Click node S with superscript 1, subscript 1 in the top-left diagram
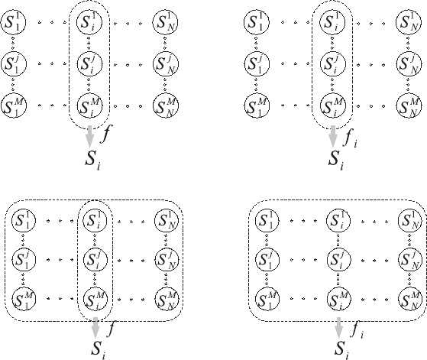tap(13, 21)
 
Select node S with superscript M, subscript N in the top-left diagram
tap(165, 105)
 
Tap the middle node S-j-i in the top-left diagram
tap(89, 64)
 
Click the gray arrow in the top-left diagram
tap(89, 137)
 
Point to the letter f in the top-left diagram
tap(106, 134)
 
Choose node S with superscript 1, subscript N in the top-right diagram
tap(408, 21)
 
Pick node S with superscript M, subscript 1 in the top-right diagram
tap(257, 105)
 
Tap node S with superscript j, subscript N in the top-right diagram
tap(408, 64)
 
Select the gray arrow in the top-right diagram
tap(332, 136)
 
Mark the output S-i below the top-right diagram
tap(336, 160)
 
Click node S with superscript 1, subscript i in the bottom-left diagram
tap(95, 220)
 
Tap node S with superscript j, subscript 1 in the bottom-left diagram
tap(24, 259)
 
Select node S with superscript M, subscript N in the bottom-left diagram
tap(167, 299)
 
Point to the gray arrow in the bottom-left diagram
tap(95, 328)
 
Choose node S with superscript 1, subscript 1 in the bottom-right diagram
tap(267, 220)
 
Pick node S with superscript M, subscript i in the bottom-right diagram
tap(338, 299)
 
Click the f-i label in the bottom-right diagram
tap(357, 329)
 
